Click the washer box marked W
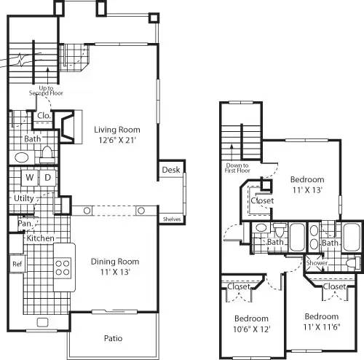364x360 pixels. (30, 176)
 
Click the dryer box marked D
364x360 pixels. (47, 176)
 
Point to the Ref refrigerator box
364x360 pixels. (17, 263)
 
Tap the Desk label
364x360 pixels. (170, 170)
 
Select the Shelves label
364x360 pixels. (172, 219)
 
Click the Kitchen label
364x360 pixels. (40, 238)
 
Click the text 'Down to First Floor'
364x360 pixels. (237, 168)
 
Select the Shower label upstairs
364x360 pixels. (317, 263)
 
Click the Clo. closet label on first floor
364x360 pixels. (42, 115)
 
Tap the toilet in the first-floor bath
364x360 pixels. (47, 153)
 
